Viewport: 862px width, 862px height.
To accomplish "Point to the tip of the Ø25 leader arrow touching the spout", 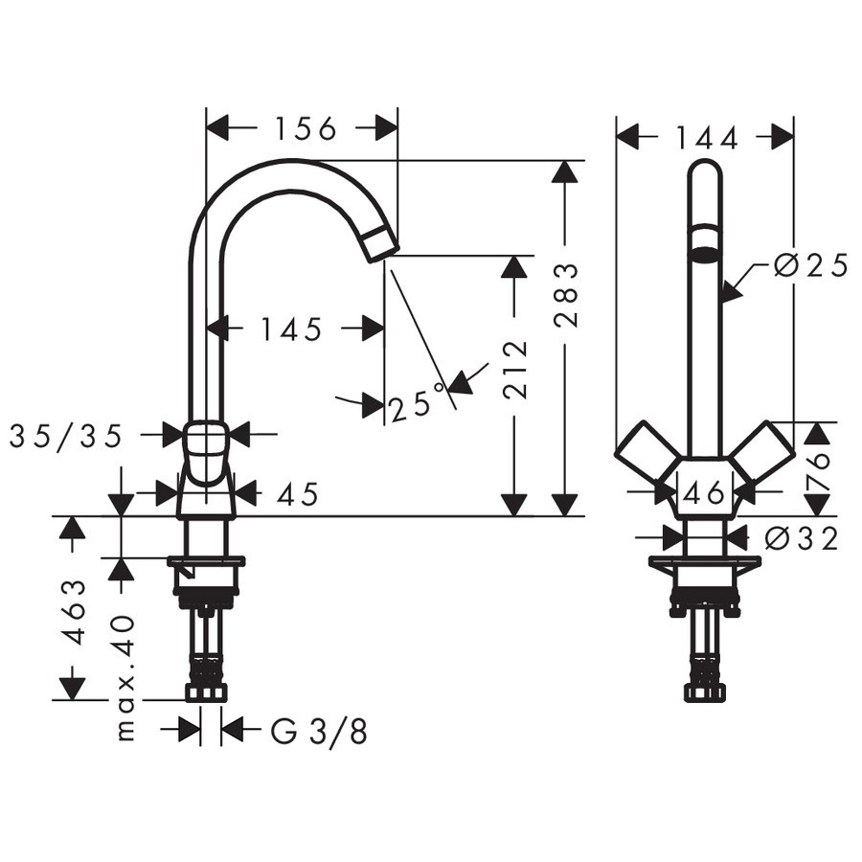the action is pos(720,302).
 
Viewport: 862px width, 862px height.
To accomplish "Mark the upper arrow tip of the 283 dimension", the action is pos(564,161).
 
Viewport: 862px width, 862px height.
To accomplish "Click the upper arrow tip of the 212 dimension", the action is pos(514,256).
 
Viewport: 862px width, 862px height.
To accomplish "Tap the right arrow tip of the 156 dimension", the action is pos(397,128).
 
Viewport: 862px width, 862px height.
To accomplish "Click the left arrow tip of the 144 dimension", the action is pos(616,136).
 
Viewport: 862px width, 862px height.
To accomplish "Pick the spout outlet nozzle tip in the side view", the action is pos(381,243).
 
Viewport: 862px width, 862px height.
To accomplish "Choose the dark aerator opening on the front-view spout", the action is pos(704,254).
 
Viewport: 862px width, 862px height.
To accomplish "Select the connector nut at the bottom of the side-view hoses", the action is pos(206,692).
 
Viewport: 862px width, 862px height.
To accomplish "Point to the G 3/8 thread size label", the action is pos(319,731).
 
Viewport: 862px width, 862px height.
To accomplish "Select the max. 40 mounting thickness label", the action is pos(125,678).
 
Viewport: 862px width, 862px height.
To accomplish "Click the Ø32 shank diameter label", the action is pos(802,538).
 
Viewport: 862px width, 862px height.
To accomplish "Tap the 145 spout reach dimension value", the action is pos(291,329).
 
